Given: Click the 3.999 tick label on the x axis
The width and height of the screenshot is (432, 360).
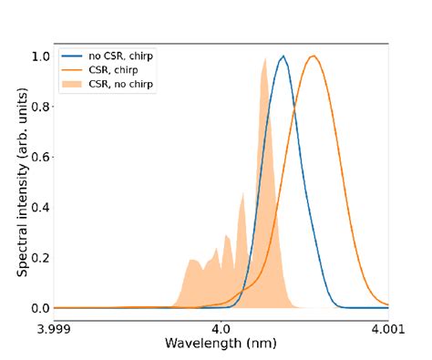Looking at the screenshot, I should coord(54,328).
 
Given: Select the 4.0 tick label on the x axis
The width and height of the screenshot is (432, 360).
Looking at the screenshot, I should coord(221,328).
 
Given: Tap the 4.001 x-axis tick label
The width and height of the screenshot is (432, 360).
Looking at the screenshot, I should coord(387,328).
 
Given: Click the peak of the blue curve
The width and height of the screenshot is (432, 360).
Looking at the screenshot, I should coord(284,57).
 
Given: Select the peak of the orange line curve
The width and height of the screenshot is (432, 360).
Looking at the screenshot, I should coord(314,57).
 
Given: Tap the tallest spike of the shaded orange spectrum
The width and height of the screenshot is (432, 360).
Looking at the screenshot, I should coord(264,59).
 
